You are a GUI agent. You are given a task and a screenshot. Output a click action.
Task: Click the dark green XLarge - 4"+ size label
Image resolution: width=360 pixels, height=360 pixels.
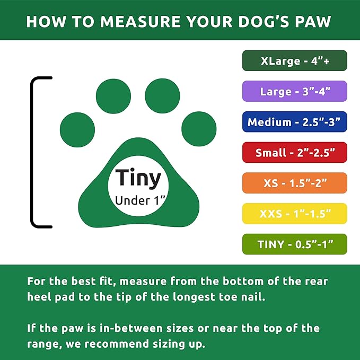[x=295, y=61]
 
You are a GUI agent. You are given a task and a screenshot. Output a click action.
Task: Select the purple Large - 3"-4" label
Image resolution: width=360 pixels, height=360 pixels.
[x=295, y=91]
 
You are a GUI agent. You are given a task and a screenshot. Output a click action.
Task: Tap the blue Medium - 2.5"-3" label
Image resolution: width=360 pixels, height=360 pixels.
[x=295, y=122]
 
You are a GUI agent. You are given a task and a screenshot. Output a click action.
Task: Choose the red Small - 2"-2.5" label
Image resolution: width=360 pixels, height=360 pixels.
[x=295, y=153]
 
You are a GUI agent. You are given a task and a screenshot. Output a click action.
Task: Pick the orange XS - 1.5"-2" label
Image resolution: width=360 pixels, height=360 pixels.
[x=295, y=183]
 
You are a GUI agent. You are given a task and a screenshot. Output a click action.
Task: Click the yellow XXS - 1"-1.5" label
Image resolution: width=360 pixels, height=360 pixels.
[x=295, y=214]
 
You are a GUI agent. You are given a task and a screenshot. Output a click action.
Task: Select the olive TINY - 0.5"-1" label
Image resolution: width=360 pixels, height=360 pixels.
[x=295, y=244]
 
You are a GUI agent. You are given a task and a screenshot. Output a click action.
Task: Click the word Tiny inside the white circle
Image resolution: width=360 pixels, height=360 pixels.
[x=138, y=179]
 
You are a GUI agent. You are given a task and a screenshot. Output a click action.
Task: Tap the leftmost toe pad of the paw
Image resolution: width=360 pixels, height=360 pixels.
[x=77, y=129]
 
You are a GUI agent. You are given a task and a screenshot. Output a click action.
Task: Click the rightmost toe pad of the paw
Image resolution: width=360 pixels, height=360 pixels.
[x=199, y=129]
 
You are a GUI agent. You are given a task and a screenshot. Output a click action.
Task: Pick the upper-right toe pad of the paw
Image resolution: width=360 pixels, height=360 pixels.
[x=163, y=96]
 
